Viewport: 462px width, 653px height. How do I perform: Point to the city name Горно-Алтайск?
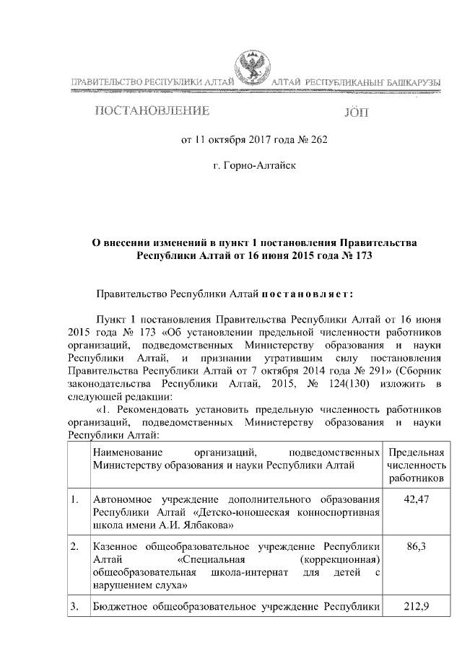tap(255, 167)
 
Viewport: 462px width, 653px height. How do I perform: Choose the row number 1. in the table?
tap(75, 500)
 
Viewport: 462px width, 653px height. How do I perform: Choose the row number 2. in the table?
tap(75, 548)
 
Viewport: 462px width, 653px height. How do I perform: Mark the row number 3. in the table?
tap(75, 608)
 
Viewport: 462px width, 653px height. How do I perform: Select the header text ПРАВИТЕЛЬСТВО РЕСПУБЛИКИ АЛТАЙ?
tap(151, 85)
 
